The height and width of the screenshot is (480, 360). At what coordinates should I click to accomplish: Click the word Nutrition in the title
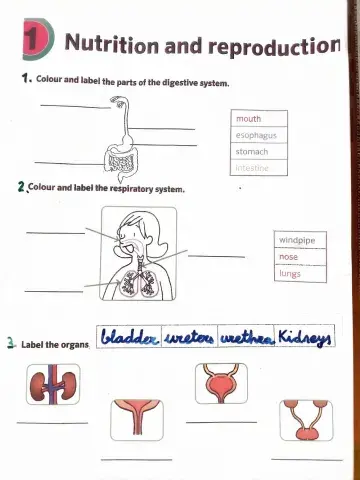coord(111,44)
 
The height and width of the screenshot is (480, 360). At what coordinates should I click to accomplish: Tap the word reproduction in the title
coord(273,45)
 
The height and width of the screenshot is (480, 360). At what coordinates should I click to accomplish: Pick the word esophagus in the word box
coord(256,135)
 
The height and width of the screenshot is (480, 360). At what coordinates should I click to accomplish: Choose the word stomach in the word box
coord(252,151)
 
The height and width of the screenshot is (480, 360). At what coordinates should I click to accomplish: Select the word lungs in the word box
coord(290,273)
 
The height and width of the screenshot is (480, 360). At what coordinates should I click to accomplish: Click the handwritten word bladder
coord(131,335)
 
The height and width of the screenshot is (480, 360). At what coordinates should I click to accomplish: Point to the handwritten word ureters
coord(190,336)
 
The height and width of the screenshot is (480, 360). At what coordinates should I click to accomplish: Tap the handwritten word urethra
coord(247,336)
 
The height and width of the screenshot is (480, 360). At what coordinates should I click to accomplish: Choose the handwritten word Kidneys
coord(305,335)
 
